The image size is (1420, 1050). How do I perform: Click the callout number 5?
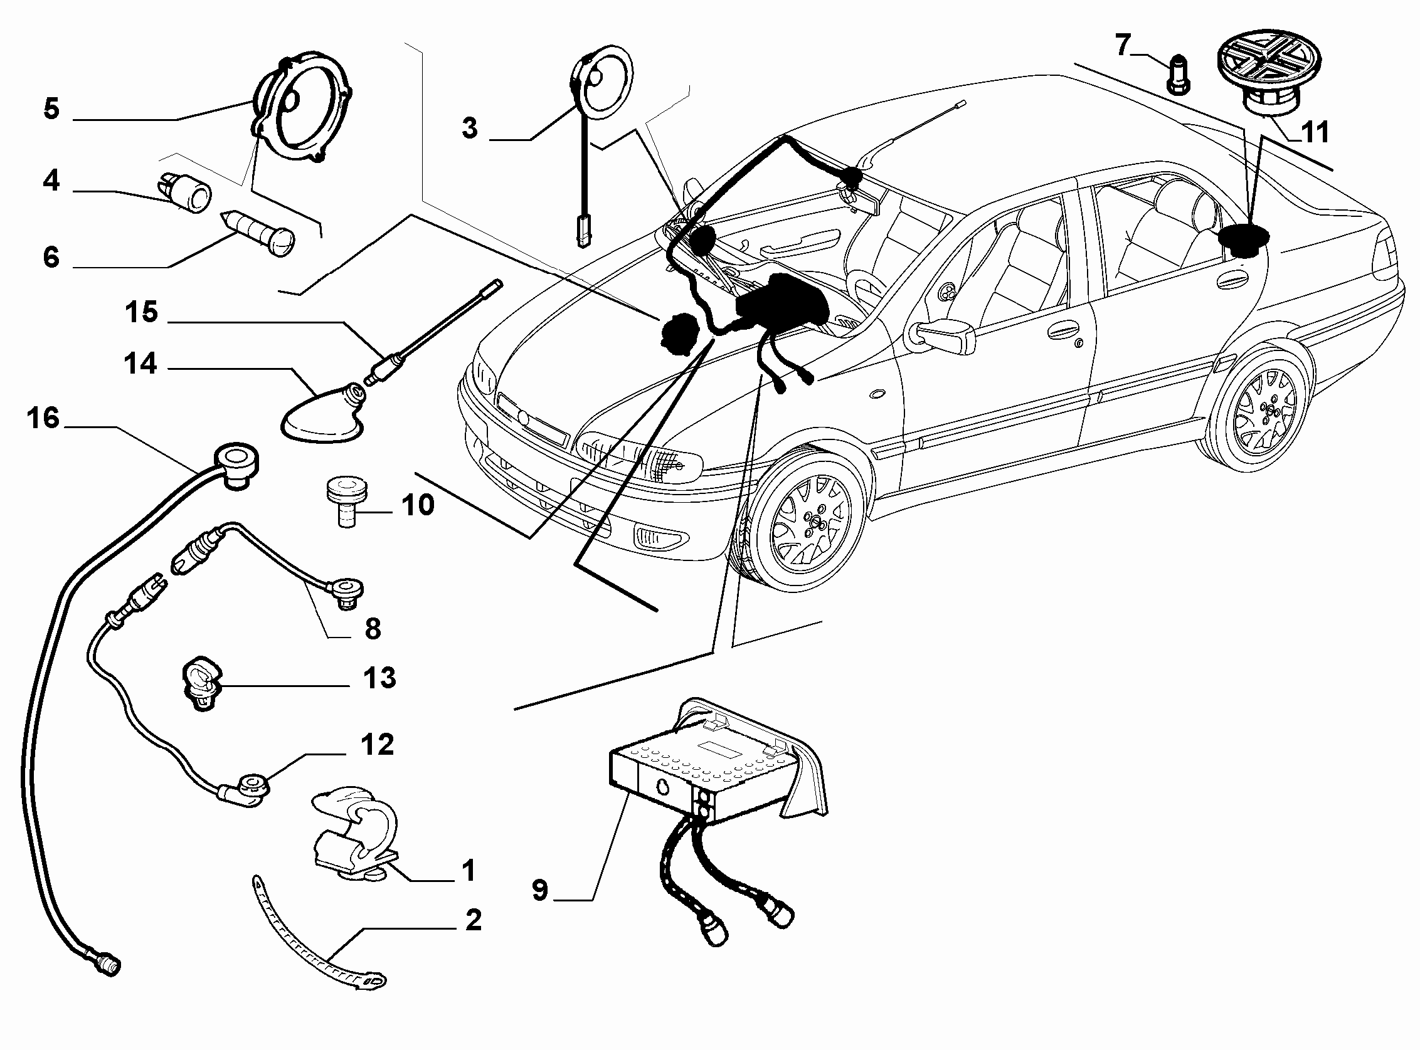click(x=51, y=108)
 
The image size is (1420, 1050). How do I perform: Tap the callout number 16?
click(x=43, y=418)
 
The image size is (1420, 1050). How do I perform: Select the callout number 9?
click(x=539, y=890)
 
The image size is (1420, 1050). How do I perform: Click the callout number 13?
click(x=379, y=678)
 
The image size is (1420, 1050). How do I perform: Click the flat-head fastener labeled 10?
click(x=347, y=503)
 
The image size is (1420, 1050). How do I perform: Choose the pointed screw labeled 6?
click(x=258, y=233)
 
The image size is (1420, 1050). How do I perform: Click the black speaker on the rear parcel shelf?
click(x=1242, y=239)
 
